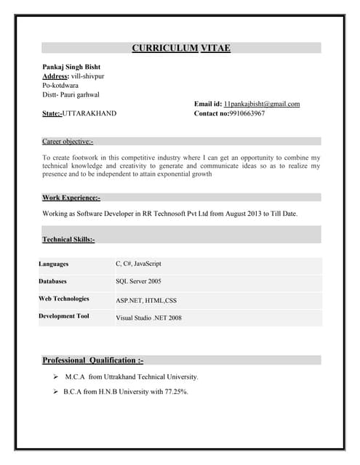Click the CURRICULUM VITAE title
181,48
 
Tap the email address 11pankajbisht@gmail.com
262,104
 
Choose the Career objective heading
68,141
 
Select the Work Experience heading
71,197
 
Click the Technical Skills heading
68,239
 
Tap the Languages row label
54,264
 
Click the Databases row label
53,280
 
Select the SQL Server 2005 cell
138,280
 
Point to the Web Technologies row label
64,299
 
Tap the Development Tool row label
64,316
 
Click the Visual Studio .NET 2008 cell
148,318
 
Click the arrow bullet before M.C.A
56,377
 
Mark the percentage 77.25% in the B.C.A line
175,392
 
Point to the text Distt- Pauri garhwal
71,94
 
